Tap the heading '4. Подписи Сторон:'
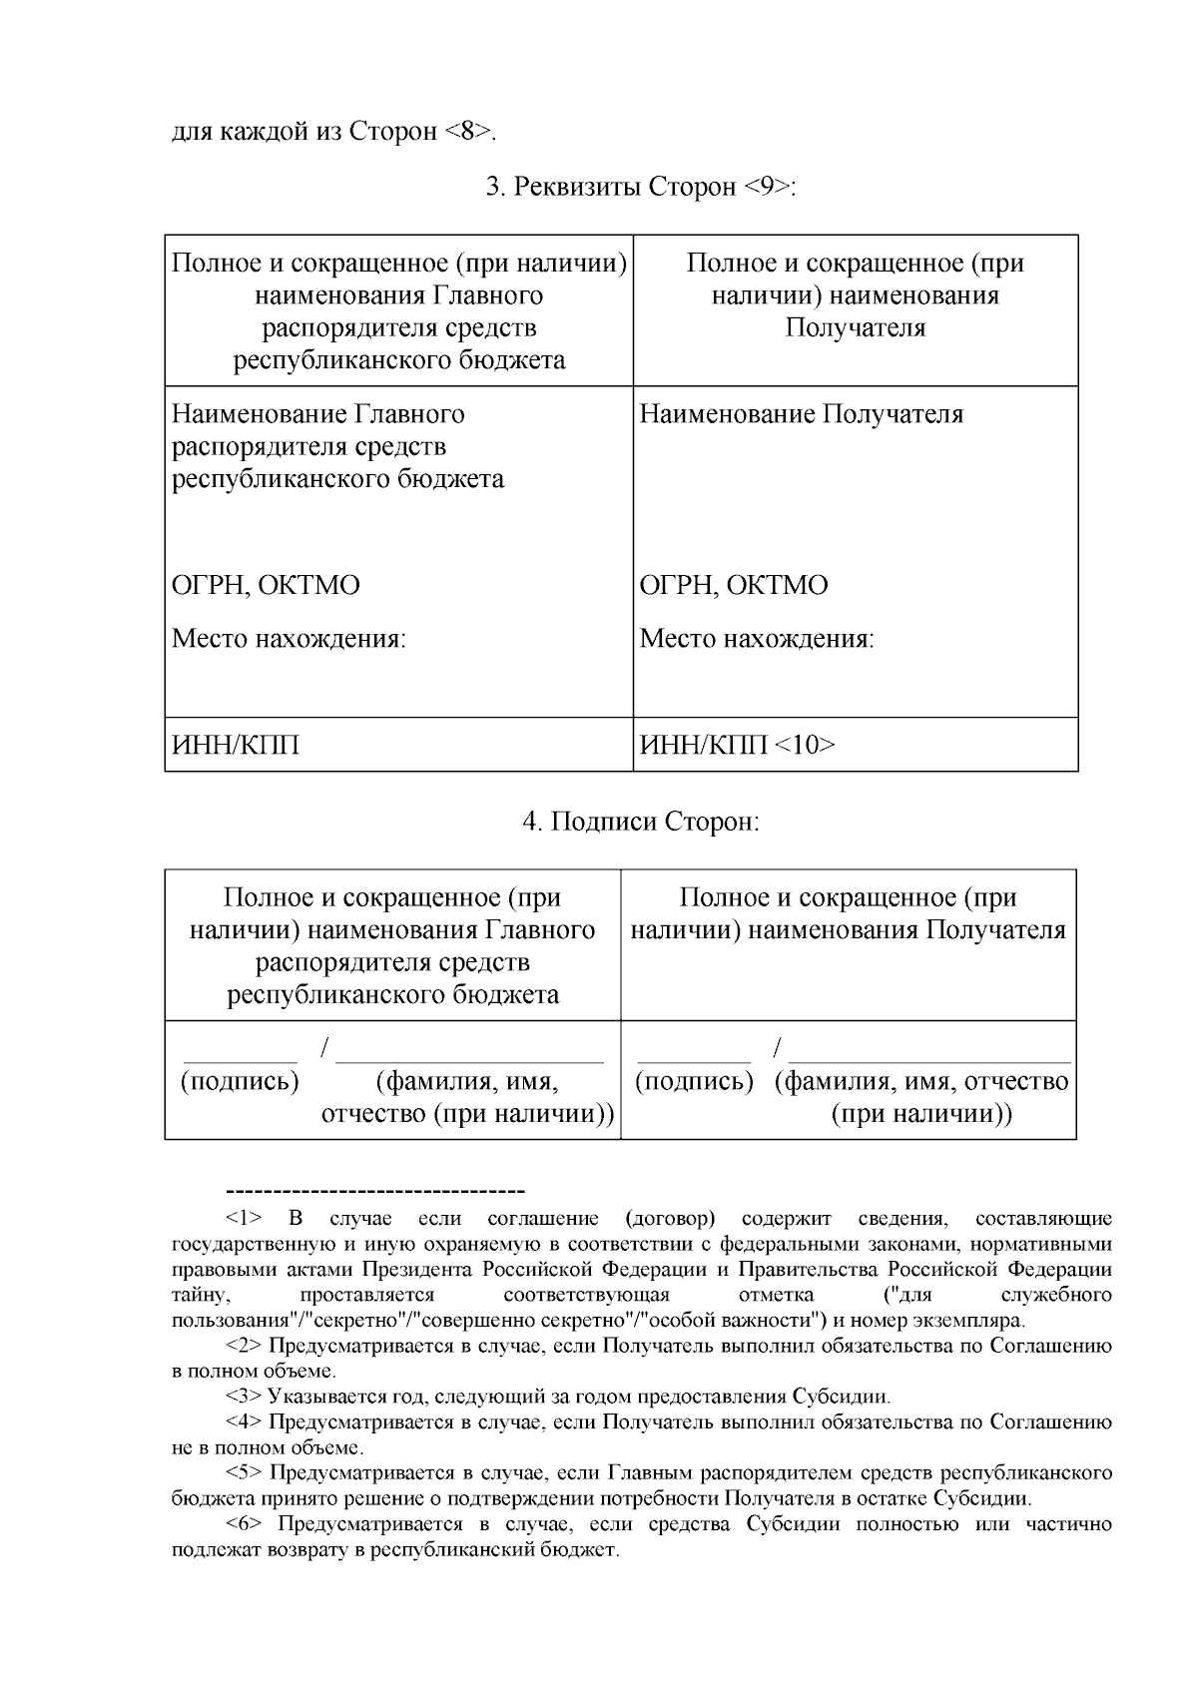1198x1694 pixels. click(640, 822)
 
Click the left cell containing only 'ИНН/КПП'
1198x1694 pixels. click(236, 745)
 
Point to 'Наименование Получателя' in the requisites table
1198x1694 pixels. click(801, 414)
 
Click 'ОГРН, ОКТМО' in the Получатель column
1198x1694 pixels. click(733, 585)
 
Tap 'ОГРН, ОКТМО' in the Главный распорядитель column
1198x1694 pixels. click(266, 585)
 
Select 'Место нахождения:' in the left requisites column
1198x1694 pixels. click(289, 639)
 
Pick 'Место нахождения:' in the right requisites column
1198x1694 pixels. click(756, 639)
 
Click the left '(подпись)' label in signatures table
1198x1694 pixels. click(240, 1081)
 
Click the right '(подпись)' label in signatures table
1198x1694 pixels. click(694, 1081)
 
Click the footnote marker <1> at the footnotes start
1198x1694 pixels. click(244, 1219)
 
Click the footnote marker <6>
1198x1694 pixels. click(244, 1524)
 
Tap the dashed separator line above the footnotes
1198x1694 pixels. click(376, 1192)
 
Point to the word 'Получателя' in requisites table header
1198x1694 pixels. click(855, 327)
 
